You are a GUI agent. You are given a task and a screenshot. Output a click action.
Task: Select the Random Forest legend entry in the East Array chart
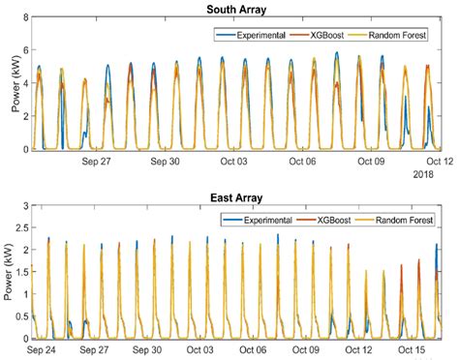(x=397, y=220)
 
